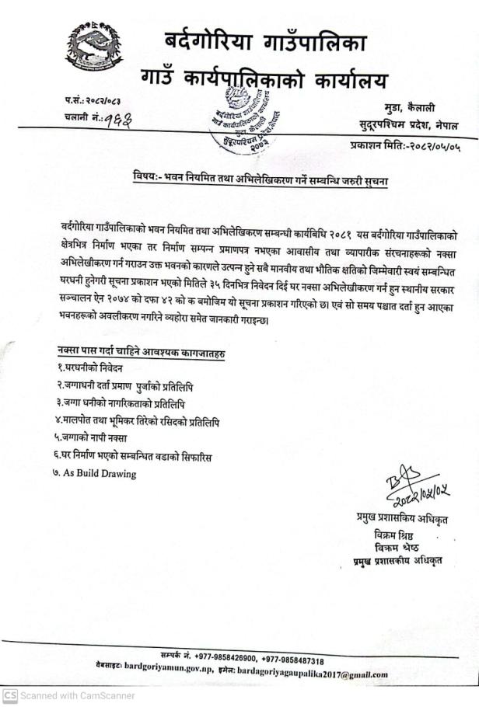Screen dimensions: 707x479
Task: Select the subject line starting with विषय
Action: point(260,181)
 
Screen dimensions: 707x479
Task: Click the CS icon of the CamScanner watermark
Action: point(9,695)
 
